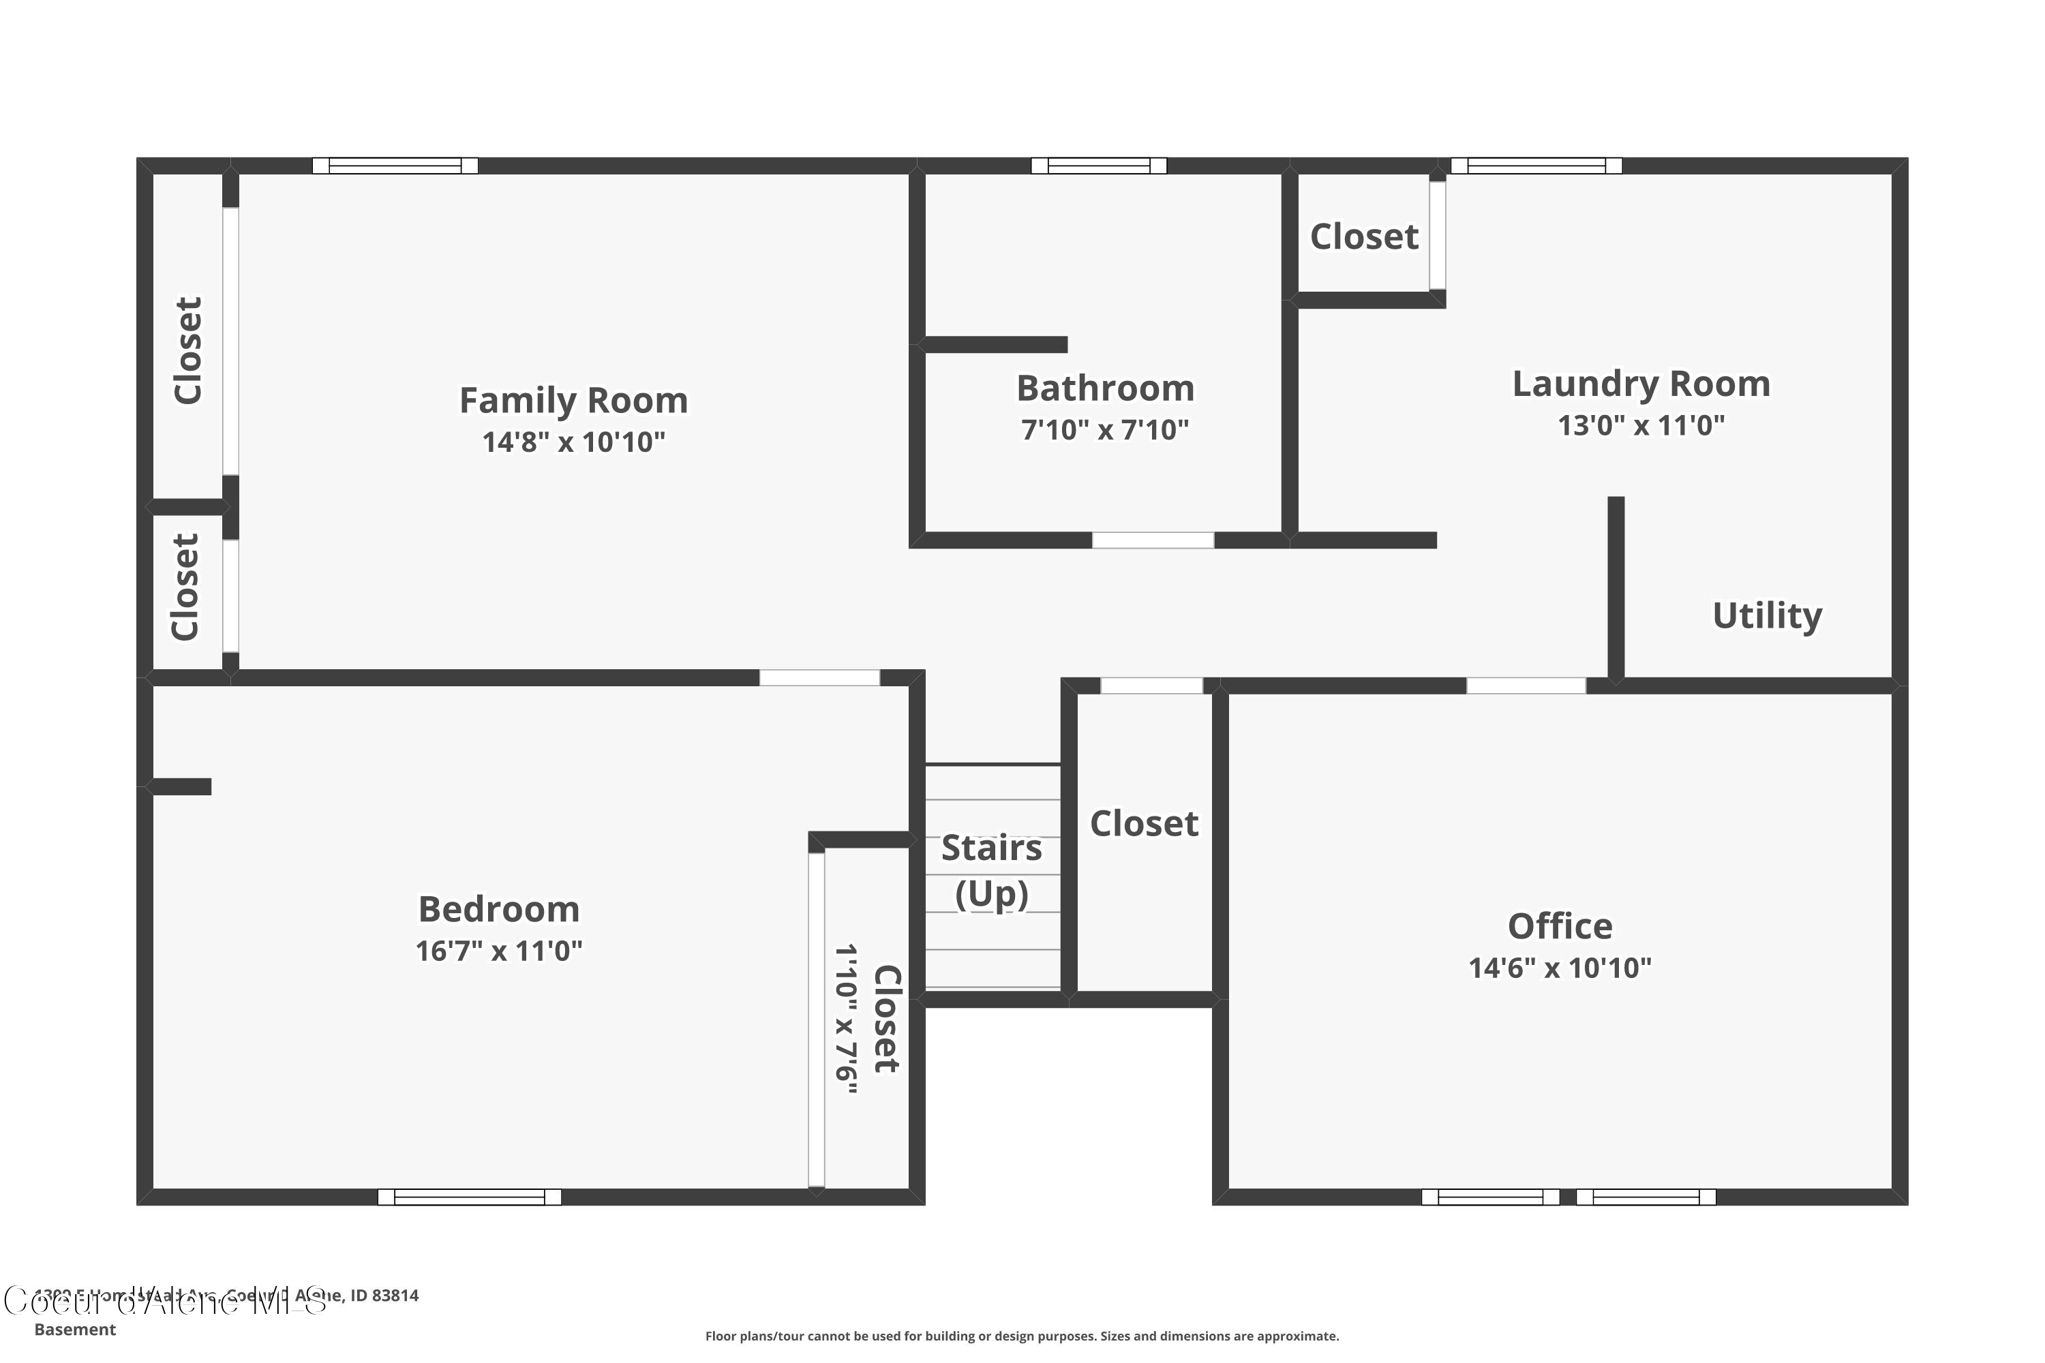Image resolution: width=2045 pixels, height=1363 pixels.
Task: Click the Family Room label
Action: tap(573, 401)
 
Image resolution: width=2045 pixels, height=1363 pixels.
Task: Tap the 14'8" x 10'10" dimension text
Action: tap(573, 442)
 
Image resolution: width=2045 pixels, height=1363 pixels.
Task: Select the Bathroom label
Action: tap(1105, 388)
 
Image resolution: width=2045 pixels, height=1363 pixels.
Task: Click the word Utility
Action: tap(1767, 615)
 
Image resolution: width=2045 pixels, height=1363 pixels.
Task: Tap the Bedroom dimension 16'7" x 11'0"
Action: tap(498, 951)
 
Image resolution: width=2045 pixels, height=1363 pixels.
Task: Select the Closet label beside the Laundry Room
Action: tap(1363, 236)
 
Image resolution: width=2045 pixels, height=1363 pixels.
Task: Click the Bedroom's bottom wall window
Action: tap(470, 1197)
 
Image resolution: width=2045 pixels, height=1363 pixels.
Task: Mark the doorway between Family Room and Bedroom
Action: tap(819, 678)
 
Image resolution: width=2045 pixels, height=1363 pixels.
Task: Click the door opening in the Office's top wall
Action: tap(1526, 686)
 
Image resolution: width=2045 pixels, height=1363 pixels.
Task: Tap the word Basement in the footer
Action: tap(75, 1329)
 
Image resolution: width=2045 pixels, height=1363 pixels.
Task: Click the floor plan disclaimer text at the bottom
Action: tap(1022, 1336)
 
